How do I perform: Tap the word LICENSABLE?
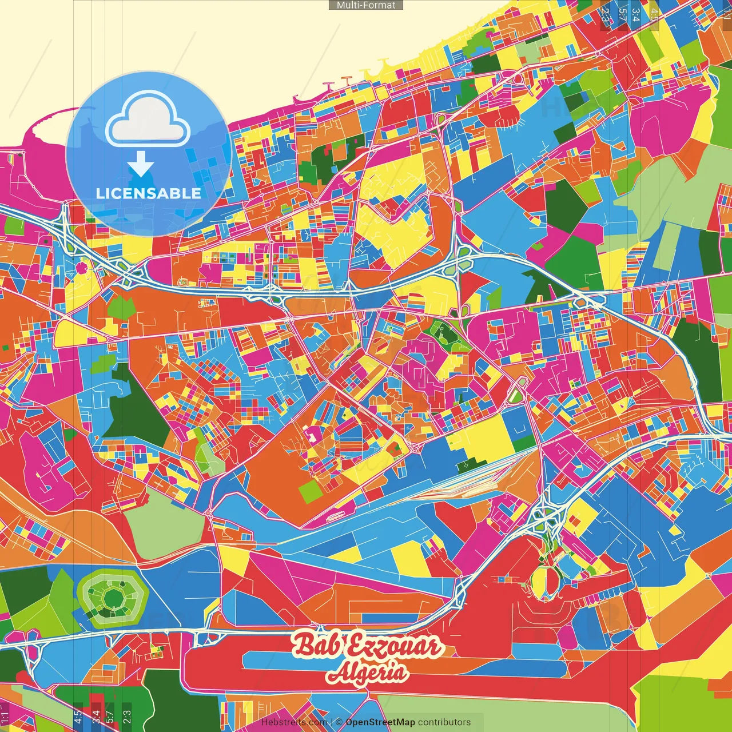pyautogui.click(x=148, y=193)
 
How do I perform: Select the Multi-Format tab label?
pyautogui.click(x=366, y=5)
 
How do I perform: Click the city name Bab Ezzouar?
pyautogui.click(x=367, y=646)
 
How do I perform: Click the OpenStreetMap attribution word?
pyautogui.click(x=380, y=722)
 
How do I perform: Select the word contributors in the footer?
pyautogui.click(x=444, y=722)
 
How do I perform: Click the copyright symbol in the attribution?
pyautogui.click(x=339, y=722)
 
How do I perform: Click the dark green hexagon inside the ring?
pyautogui.click(x=113, y=598)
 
